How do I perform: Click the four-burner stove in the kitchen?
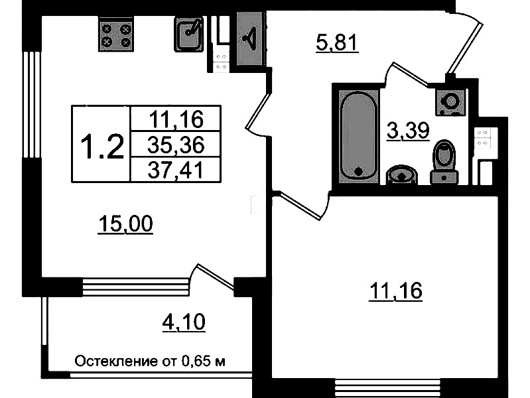coord(116,34)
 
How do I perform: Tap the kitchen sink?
coord(189,34)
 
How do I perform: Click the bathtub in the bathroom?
coord(358,135)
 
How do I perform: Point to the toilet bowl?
coord(444,163)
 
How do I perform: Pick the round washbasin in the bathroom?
coord(401,175)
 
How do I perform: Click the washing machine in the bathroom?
coord(451,101)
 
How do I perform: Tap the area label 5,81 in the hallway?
coord(337,44)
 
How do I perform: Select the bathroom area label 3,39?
coord(408,131)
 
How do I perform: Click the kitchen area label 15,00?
coord(125,224)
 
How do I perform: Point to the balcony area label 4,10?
coord(184,322)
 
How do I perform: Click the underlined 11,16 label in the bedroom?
coord(396,291)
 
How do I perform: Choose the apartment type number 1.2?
coord(101,146)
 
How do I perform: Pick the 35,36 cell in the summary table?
coord(176,145)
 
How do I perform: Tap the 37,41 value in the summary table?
coord(176,170)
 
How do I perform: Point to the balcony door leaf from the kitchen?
coord(216,277)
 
